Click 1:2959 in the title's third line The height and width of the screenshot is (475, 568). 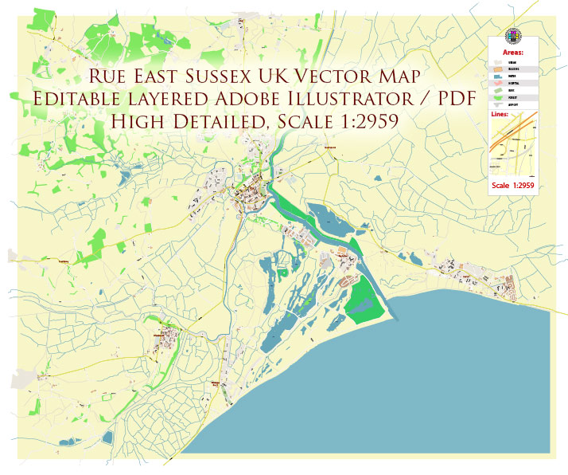[363, 122]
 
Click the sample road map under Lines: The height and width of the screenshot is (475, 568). [512, 147]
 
